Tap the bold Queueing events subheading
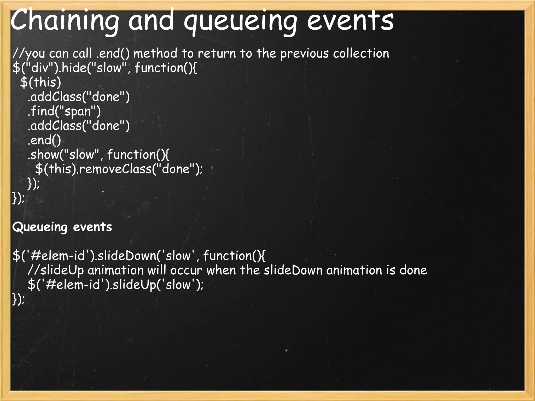coord(62,227)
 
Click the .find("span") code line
coord(64,111)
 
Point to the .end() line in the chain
coord(44,140)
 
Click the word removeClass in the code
coord(115,169)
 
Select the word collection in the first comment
coord(361,53)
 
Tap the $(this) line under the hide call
coord(40,82)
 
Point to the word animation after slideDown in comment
coord(354,270)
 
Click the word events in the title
coord(350,21)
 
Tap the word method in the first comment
coord(155,54)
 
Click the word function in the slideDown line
coord(227,255)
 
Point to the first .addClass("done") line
coord(79,97)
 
